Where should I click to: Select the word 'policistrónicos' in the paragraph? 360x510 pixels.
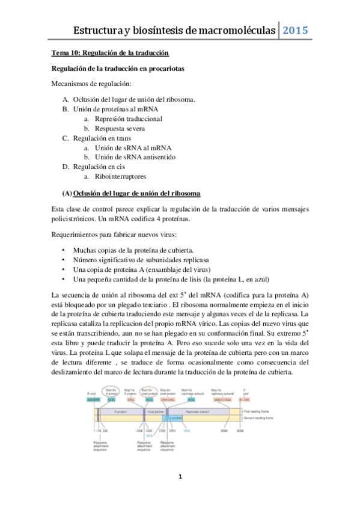[77, 219]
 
